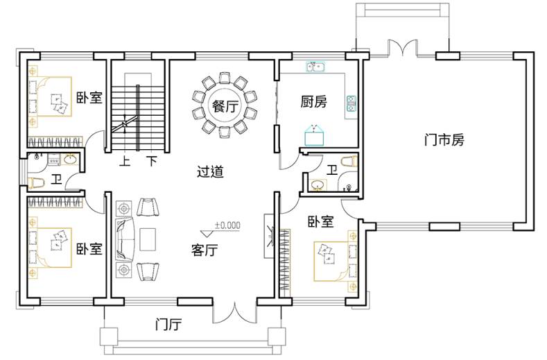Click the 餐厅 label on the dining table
(x=225, y=106)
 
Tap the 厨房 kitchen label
(x=313, y=101)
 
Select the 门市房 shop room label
(x=444, y=140)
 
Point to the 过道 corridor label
(x=210, y=172)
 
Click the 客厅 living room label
(x=205, y=250)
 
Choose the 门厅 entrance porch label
(x=168, y=325)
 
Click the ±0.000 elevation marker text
(x=227, y=225)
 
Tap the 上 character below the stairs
(x=125, y=162)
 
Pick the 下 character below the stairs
(x=152, y=162)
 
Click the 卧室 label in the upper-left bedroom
(x=89, y=97)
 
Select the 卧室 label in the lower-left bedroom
(x=89, y=249)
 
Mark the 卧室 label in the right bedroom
(x=320, y=221)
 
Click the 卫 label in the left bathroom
(x=57, y=180)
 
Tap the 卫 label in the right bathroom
(x=332, y=171)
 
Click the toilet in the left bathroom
(x=35, y=183)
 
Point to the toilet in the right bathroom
(x=349, y=162)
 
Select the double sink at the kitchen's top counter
(x=315, y=66)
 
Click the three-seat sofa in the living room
(x=125, y=239)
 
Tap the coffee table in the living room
(x=148, y=239)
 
